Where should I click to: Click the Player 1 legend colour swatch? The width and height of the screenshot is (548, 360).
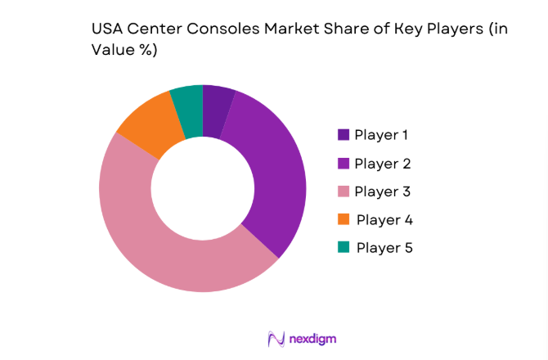click(343, 135)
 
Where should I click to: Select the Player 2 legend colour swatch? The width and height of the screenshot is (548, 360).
click(343, 164)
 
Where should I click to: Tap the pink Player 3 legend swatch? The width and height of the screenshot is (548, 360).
click(343, 191)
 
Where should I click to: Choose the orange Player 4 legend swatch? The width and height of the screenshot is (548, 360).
click(343, 219)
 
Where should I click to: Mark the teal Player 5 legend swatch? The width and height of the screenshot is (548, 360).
click(343, 247)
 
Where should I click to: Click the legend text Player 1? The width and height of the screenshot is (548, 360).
click(382, 135)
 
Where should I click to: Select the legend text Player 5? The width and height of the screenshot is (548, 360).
click(384, 247)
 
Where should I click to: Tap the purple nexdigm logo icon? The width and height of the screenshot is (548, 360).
click(276, 338)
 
